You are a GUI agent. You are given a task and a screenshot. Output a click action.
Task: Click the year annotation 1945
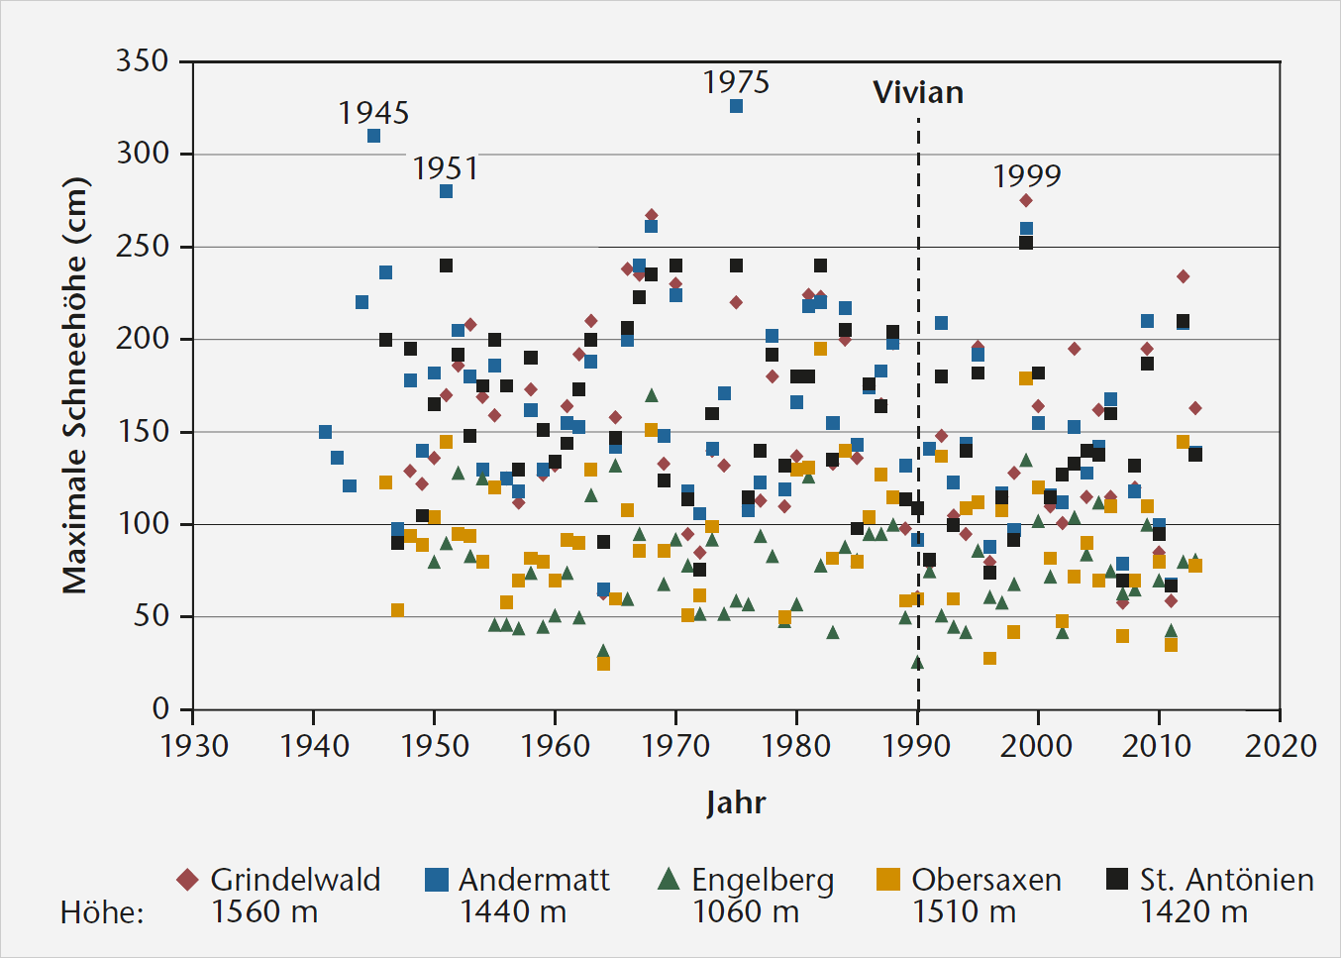(x=373, y=113)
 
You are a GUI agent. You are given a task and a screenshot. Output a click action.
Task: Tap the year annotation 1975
(x=736, y=82)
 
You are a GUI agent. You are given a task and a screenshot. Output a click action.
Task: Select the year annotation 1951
(x=446, y=168)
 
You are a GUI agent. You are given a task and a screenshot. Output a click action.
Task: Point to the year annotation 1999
(x=1027, y=176)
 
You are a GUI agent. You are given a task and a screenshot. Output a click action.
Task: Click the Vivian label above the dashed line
(x=918, y=93)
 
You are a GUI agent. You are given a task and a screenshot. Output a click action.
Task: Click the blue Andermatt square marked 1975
(x=736, y=106)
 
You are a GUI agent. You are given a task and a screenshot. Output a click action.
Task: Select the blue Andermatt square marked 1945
(x=373, y=136)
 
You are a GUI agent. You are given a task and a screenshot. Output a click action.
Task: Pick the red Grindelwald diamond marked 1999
(x=1026, y=200)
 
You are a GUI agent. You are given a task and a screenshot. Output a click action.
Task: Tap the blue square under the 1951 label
(x=447, y=191)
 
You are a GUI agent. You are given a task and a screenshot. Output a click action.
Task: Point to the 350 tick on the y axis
(x=143, y=61)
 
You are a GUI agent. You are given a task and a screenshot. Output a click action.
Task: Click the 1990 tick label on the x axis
(x=917, y=746)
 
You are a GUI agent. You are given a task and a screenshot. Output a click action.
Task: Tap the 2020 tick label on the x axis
(x=1280, y=746)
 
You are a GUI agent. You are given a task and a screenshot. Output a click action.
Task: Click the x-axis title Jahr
(x=736, y=802)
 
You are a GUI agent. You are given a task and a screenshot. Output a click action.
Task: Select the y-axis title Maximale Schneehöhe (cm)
(x=76, y=385)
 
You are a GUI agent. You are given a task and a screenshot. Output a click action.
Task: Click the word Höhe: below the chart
(x=102, y=912)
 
